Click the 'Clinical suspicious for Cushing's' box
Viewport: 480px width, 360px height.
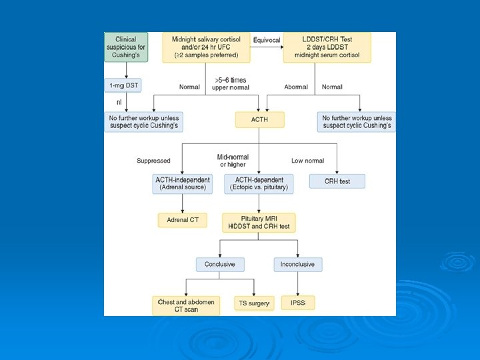(126, 47)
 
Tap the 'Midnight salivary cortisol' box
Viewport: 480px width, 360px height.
(206, 47)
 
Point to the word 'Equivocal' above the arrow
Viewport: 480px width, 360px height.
(267, 40)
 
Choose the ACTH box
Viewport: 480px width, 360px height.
(259, 120)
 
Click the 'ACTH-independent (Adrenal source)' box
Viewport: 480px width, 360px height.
(183, 183)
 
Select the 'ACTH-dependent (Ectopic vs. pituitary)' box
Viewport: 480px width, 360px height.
(259, 183)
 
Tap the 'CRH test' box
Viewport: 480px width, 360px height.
(337, 181)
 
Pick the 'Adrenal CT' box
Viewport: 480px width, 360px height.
(182, 219)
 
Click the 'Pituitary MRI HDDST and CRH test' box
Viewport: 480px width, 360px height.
(259, 223)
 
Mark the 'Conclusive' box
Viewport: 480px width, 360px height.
(219, 265)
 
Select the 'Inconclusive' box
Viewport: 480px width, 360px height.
(297, 265)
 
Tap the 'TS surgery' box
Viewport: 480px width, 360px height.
(253, 303)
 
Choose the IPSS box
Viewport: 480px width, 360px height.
(297, 303)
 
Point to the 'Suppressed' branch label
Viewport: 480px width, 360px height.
(153, 161)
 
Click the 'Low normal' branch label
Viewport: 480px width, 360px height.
(307, 161)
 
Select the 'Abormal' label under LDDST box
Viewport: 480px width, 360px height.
(296, 87)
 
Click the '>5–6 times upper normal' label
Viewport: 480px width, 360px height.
(231, 83)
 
